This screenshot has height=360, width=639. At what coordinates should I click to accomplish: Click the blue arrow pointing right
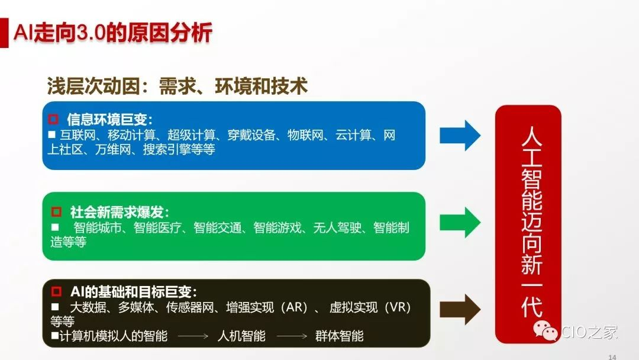pyautogui.click(x=460, y=136)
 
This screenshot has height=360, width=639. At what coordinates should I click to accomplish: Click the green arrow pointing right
pyautogui.click(x=460, y=222)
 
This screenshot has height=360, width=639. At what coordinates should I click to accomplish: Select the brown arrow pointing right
pyautogui.click(x=460, y=310)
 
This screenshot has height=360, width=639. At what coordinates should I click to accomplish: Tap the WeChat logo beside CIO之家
pyautogui.click(x=546, y=330)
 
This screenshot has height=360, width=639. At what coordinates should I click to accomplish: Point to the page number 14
pyautogui.click(x=612, y=357)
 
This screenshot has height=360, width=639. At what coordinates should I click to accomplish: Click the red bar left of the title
pyautogui.click(x=4, y=33)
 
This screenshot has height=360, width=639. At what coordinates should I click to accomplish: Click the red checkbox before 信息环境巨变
pyautogui.click(x=53, y=119)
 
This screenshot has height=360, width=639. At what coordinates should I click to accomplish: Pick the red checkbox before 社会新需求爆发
pyautogui.click(x=56, y=211)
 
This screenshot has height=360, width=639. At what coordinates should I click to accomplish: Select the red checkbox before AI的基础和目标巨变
pyautogui.click(x=56, y=291)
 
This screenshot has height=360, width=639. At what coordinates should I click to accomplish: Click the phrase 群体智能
pyautogui.click(x=339, y=336)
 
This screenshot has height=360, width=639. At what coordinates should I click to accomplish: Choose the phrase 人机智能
pyautogui.click(x=241, y=336)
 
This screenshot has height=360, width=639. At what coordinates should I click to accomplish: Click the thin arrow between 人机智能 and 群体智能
pyautogui.click(x=292, y=336)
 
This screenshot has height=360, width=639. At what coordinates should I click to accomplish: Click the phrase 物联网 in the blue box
pyautogui.click(x=305, y=135)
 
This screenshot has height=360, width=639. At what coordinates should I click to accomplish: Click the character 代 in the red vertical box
pyautogui.click(x=532, y=306)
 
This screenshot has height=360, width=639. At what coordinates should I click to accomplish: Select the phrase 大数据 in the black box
pyautogui.click(x=88, y=307)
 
